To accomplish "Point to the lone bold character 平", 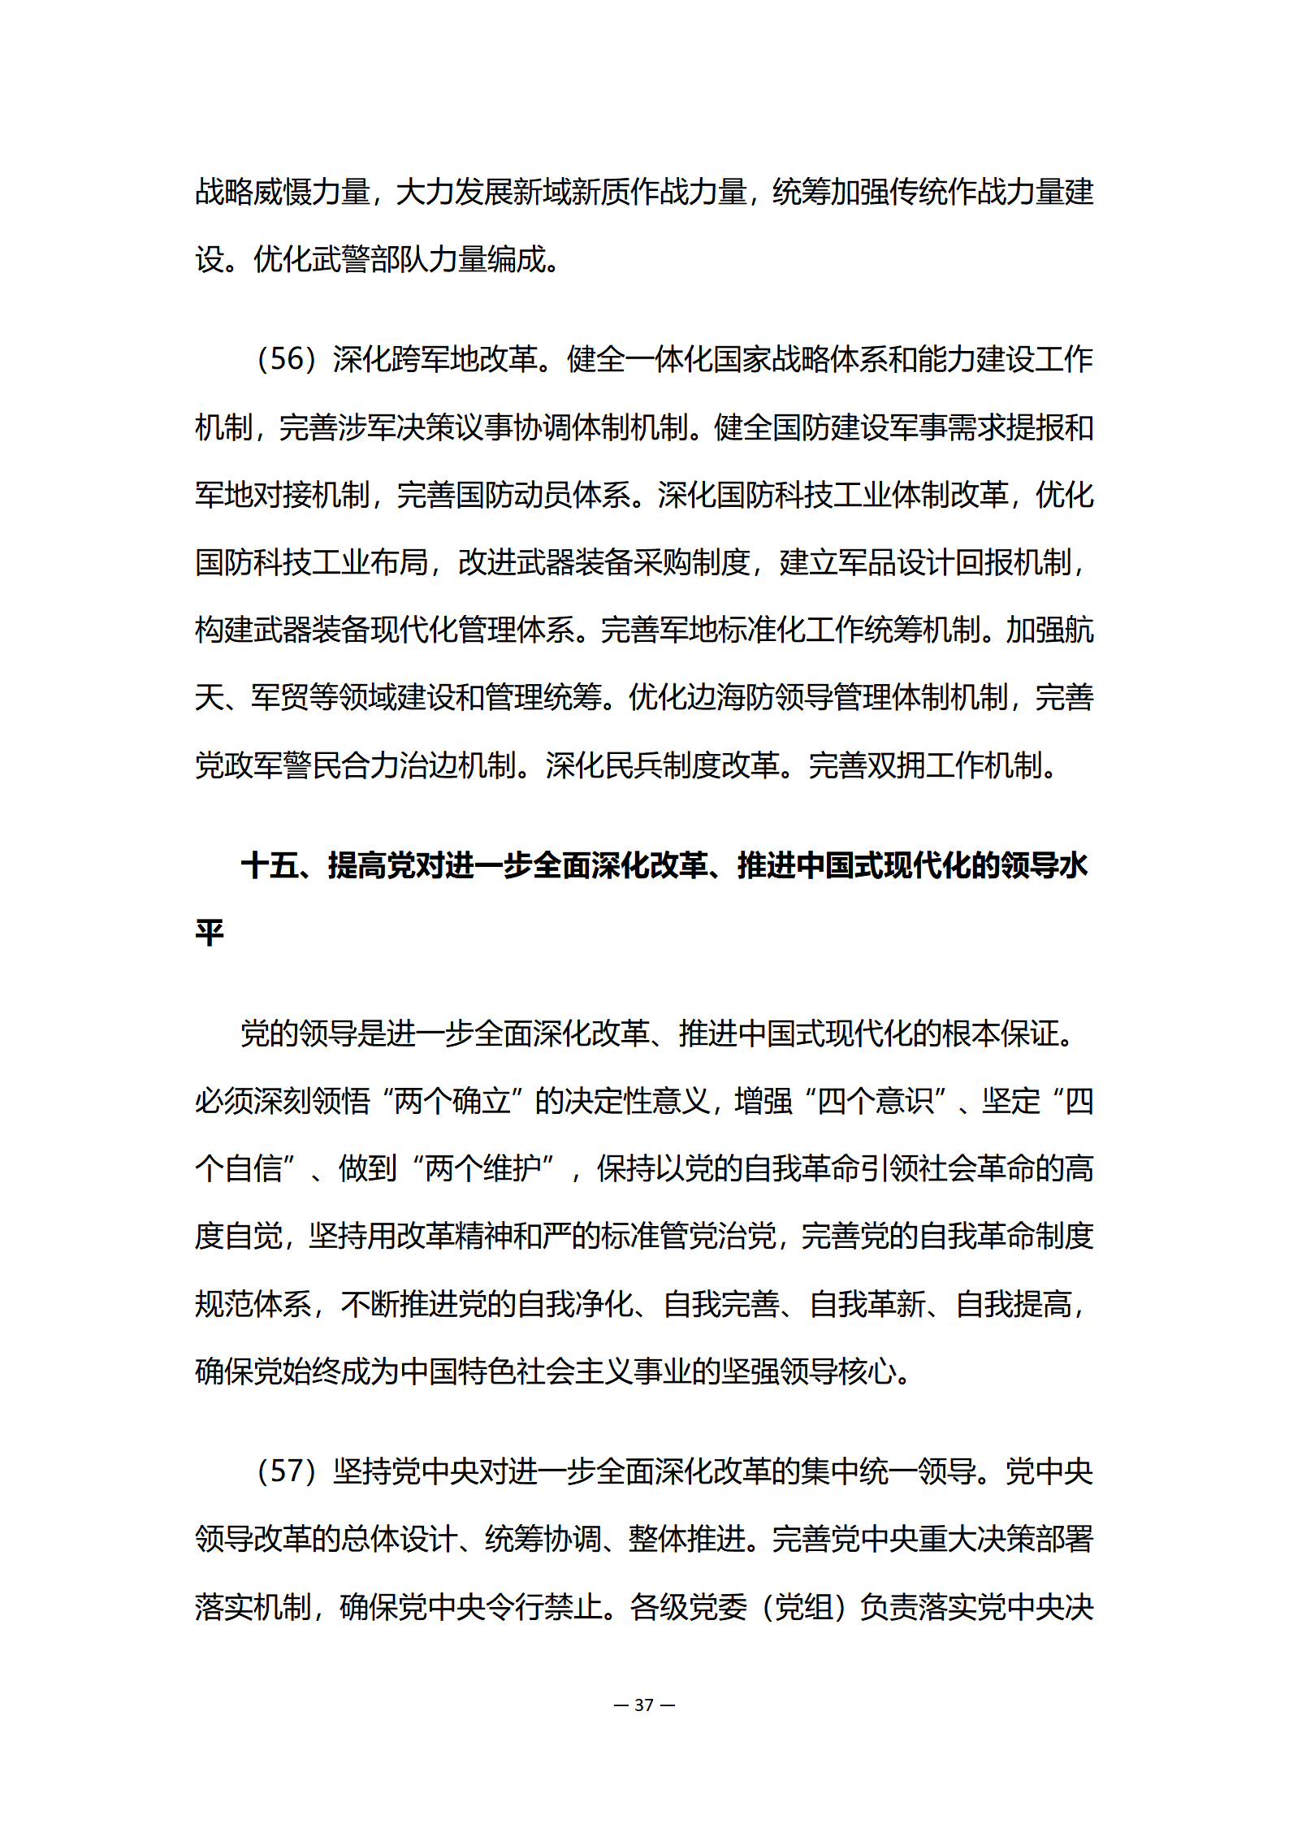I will pyautogui.click(x=210, y=934).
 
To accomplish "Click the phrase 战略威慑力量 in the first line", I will pyautogui.click(x=283, y=193).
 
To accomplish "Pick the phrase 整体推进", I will pyautogui.click(x=687, y=1539).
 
